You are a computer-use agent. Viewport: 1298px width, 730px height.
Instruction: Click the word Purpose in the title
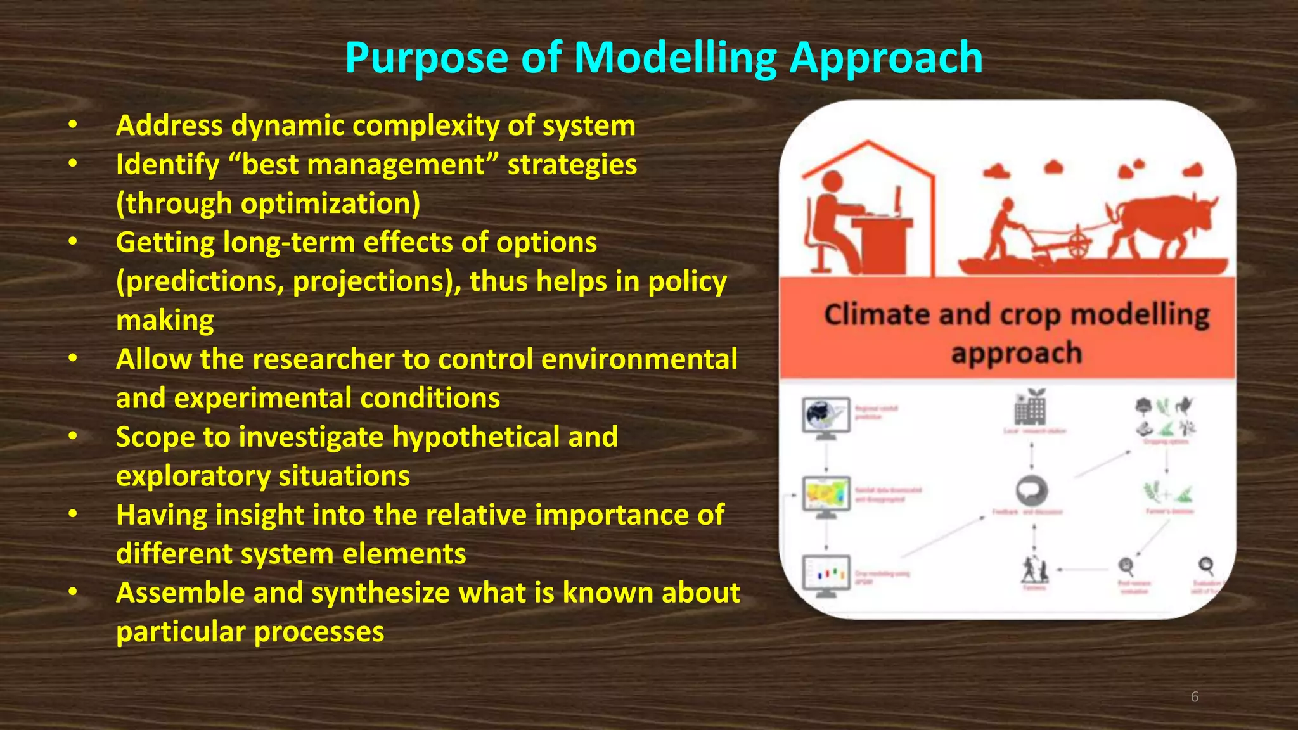[426, 58]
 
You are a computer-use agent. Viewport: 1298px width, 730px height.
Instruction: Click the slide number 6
[1194, 697]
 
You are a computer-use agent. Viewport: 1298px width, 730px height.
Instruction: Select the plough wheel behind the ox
[1078, 244]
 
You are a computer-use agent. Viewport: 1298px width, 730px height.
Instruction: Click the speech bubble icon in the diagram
[1031, 490]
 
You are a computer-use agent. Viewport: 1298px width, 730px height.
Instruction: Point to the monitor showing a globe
[825, 416]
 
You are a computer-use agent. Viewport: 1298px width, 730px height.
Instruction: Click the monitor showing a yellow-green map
[825, 495]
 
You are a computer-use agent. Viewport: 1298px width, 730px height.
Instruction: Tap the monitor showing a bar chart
[825, 573]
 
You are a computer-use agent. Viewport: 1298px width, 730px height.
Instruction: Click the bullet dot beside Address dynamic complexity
[74, 125]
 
